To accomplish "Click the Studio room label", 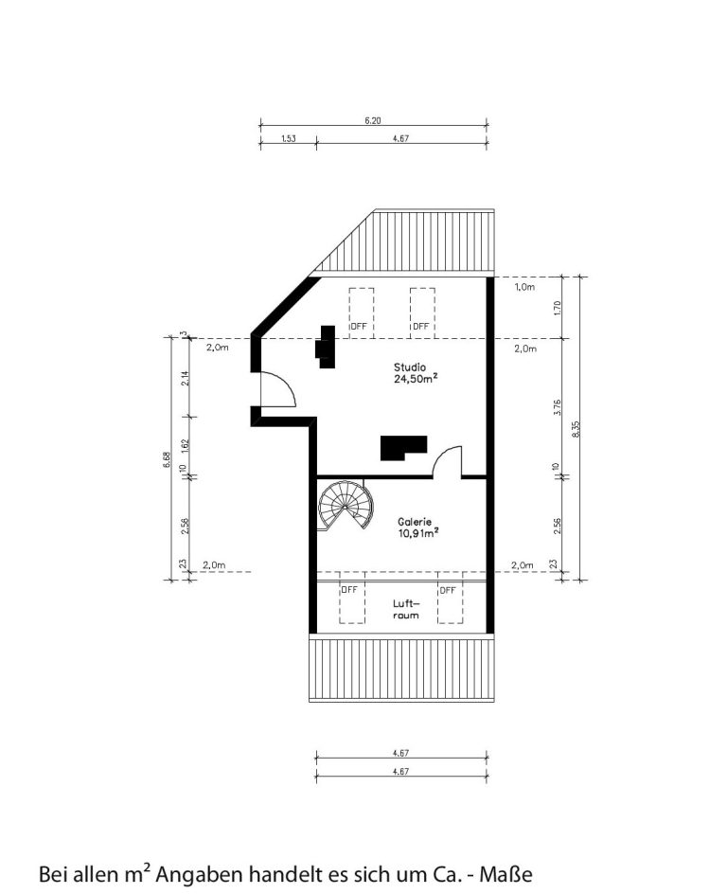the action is [410, 367].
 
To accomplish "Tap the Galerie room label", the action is [415, 521].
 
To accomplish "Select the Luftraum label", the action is [406, 609].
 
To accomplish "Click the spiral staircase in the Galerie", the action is [346, 506].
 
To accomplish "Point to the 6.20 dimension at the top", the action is [373, 120].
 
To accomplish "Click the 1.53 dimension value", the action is [289, 138].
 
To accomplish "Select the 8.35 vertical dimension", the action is [576, 429].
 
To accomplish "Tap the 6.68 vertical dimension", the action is [167, 459].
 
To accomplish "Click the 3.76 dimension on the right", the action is [558, 407].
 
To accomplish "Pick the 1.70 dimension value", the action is [558, 308].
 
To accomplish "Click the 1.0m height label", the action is [524, 287].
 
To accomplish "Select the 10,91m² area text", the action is [418, 533].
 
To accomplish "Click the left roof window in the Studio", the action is [362, 312].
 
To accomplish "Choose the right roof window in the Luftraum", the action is [450, 602].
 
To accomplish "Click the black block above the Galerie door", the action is [403, 448].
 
